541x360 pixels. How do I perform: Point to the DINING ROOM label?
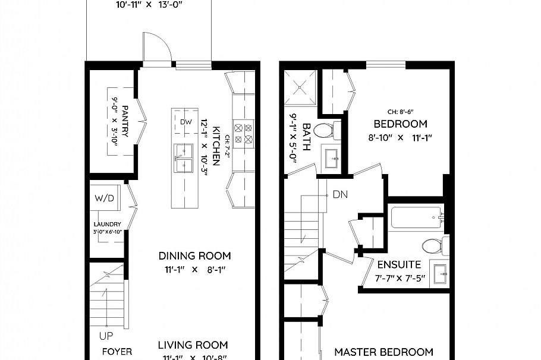[194, 256]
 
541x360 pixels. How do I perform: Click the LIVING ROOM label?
[193, 345]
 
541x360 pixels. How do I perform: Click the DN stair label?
[339, 194]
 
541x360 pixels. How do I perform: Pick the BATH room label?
[307, 137]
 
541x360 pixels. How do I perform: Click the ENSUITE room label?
[399, 264]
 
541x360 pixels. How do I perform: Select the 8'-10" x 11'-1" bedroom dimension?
[400, 138]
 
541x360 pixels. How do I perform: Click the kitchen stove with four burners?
[243, 134]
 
